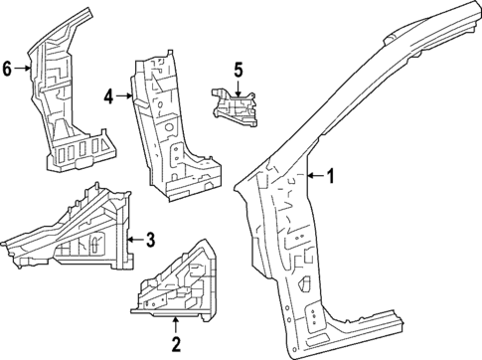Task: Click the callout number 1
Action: pyautogui.click(x=332, y=177)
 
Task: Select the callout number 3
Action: pyautogui.click(x=149, y=239)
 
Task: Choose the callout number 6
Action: pyautogui.click(x=8, y=69)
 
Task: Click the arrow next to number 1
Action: pyautogui.click(x=315, y=177)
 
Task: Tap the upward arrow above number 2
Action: pyautogui.click(x=176, y=324)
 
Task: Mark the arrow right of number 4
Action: pyautogui.click(x=123, y=96)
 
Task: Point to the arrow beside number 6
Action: pyautogui.click(x=23, y=69)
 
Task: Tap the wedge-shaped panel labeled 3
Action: pyautogui.click(x=80, y=234)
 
